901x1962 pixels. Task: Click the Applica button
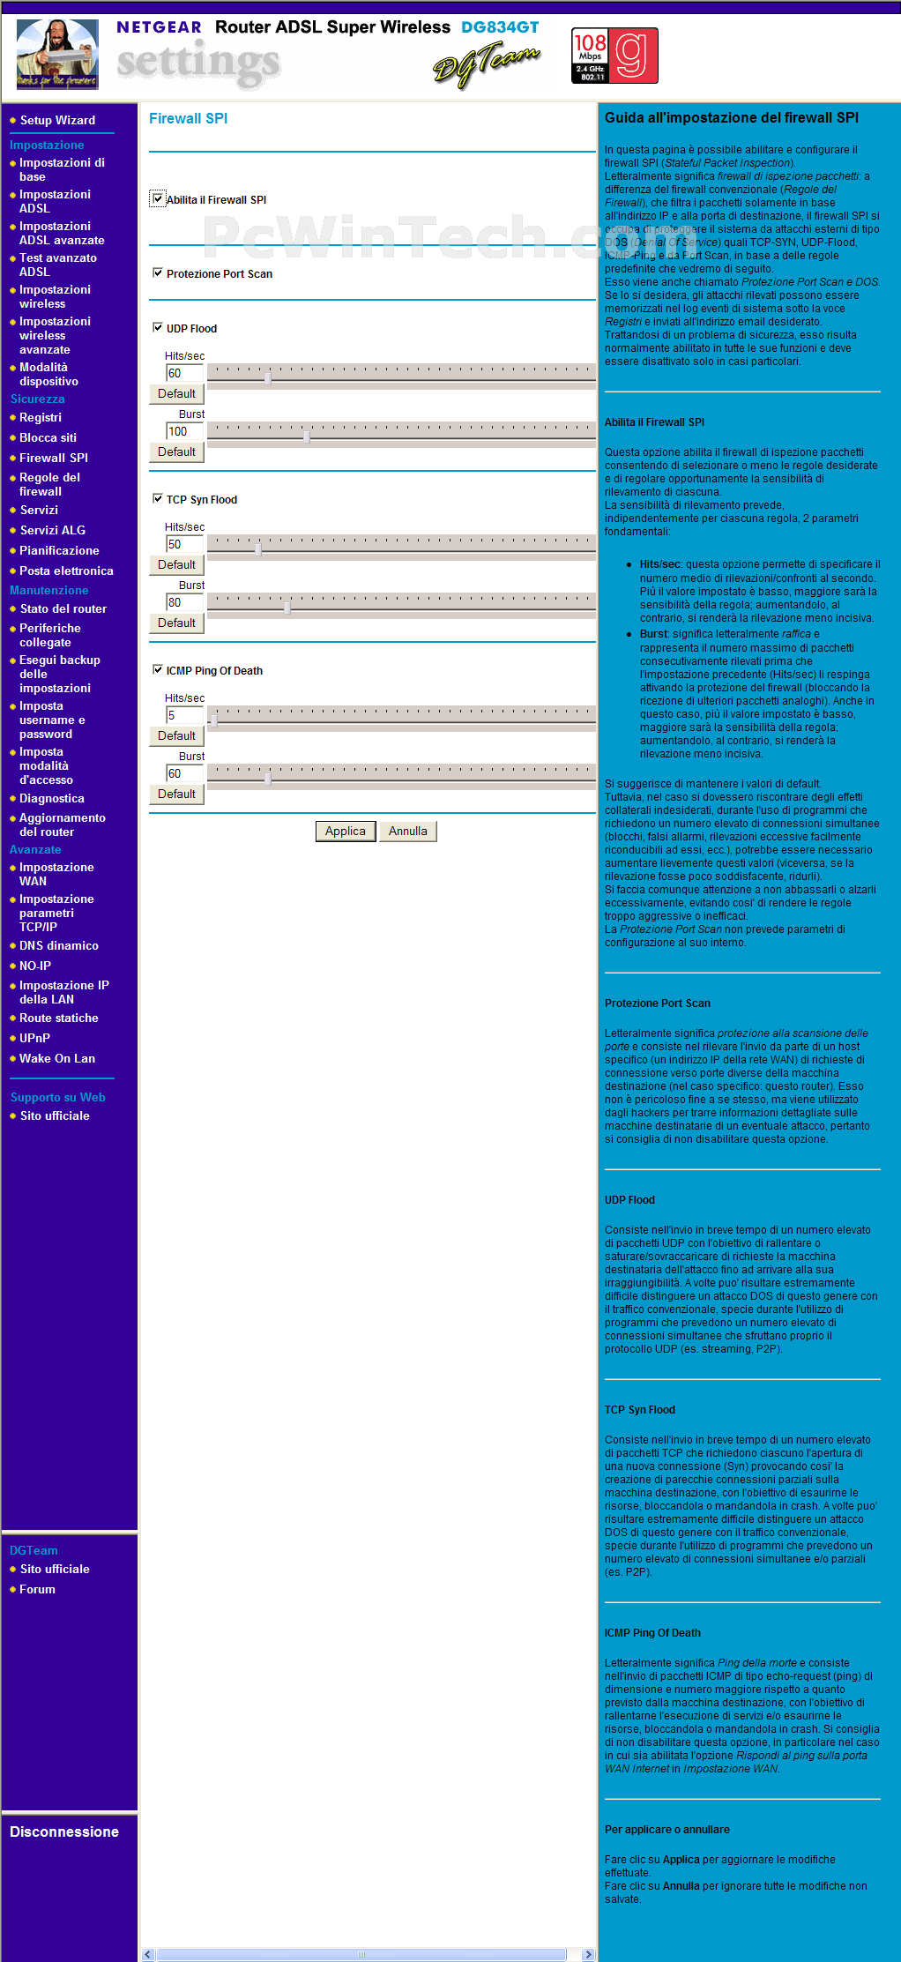(346, 831)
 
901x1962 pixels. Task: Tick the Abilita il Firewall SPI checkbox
(158, 198)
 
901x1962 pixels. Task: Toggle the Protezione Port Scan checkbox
(158, 273)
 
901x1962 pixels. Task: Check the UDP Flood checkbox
(158, 328)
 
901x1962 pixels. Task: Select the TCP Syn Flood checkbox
(158, 499)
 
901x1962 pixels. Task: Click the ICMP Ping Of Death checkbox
(158, 670)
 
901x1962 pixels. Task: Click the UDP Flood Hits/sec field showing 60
(184, 373)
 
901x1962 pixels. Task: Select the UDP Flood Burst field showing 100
(184, 431)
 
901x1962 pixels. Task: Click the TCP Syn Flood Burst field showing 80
(184, 602)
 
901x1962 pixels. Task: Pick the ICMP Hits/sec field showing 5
(184, 715)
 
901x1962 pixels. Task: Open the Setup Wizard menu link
(57, 120)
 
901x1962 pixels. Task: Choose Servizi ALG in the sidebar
(52, 530)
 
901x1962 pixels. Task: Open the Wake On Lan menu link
(56, 1058)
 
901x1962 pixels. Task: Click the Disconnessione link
(63, 1831)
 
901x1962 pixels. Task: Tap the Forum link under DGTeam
(37, 1589)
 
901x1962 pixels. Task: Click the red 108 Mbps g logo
(615, 56)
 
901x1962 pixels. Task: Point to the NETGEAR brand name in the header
(159, 27)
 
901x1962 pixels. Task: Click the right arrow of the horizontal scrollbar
(588, 1954)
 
